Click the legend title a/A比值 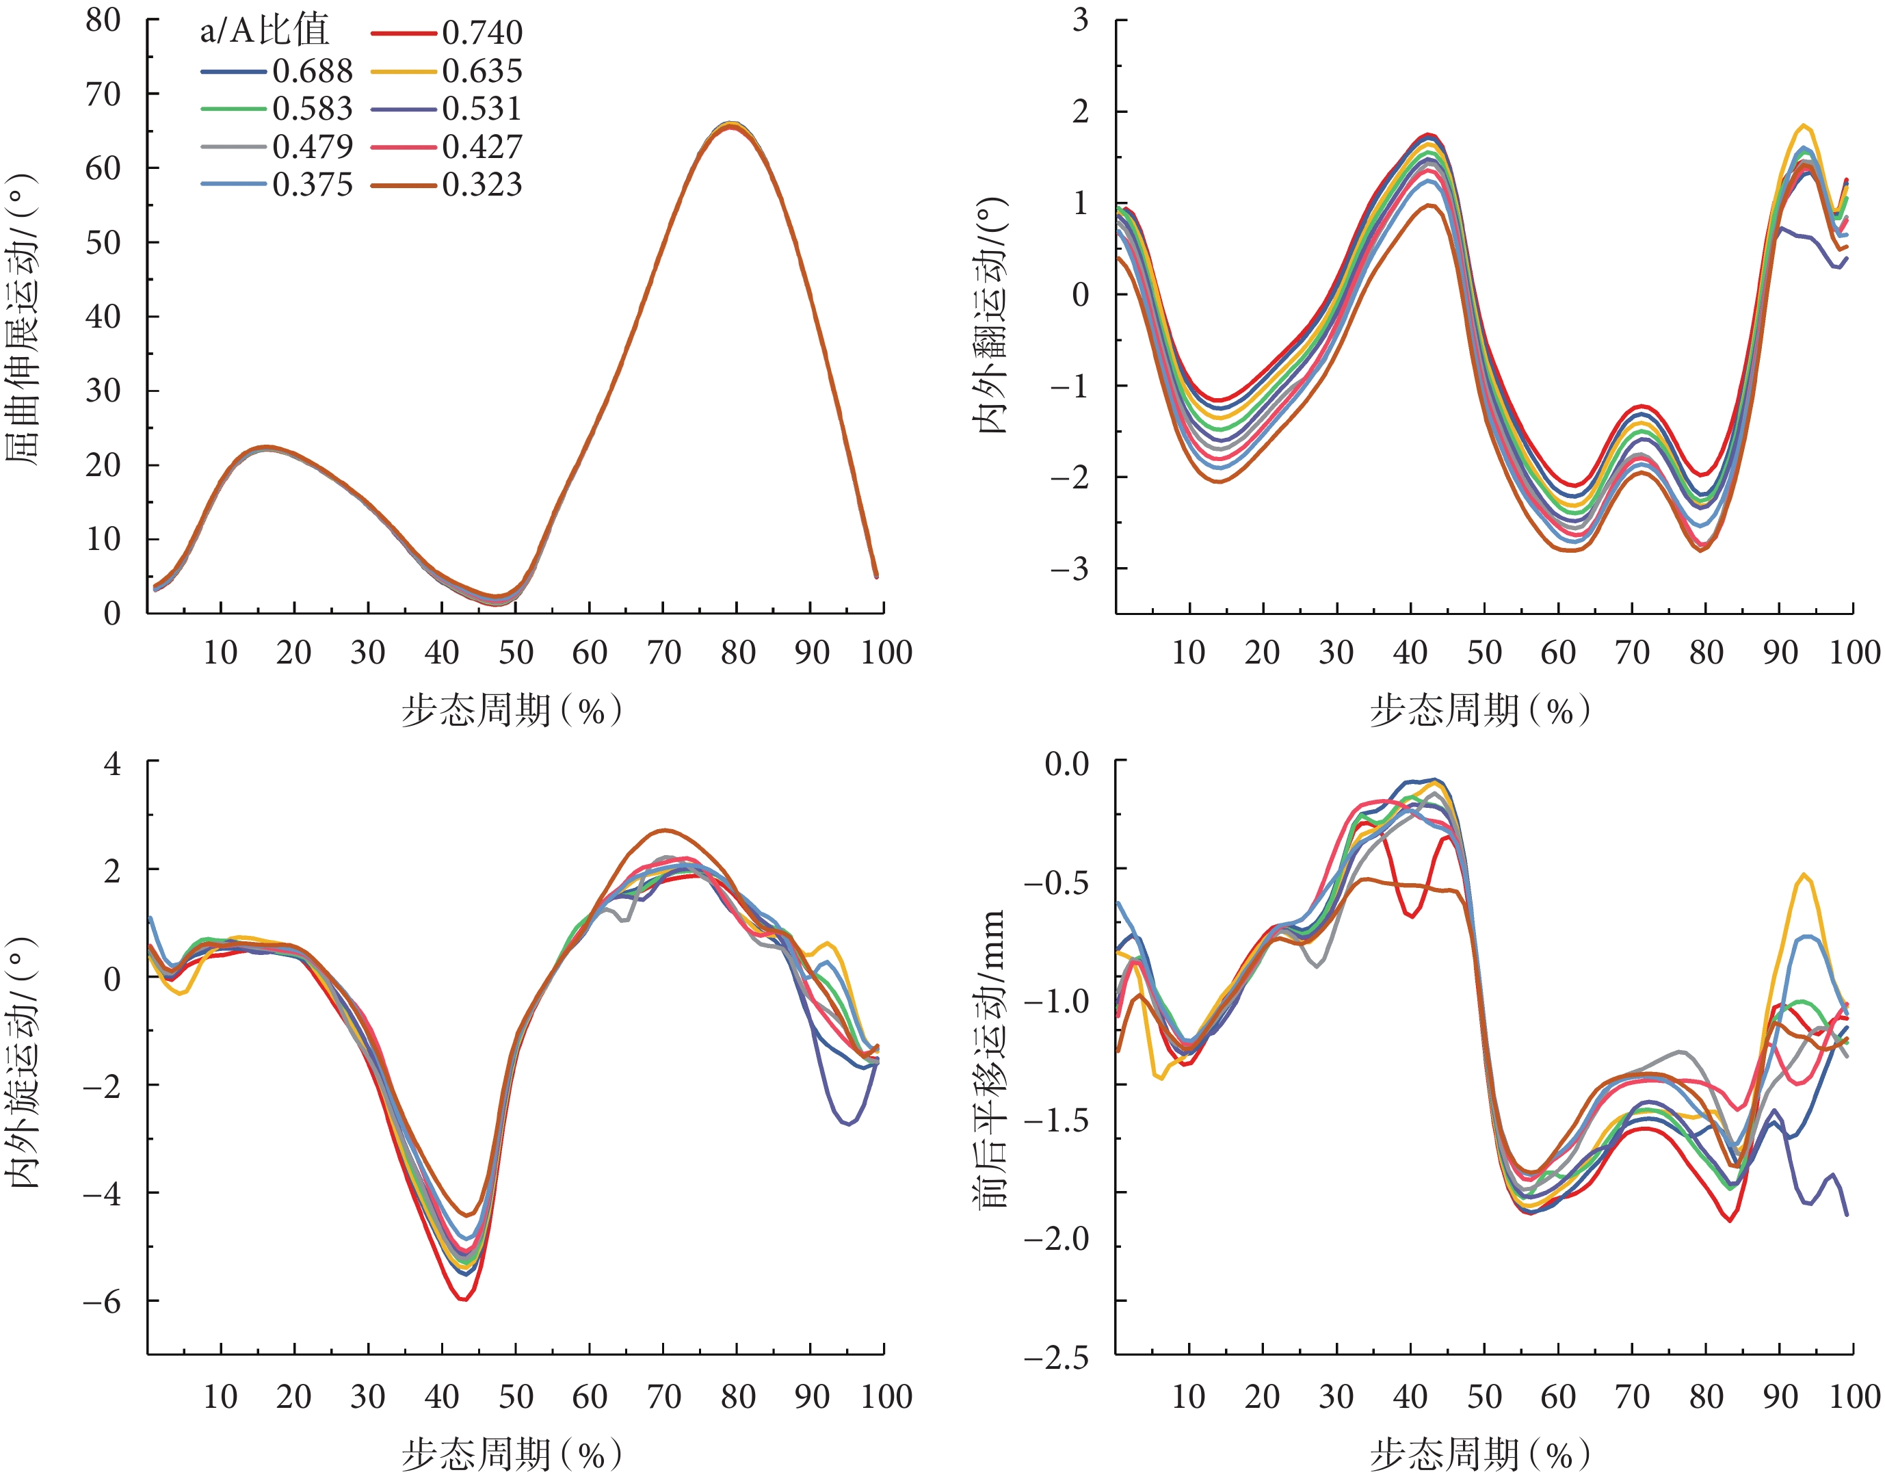pos(264,31)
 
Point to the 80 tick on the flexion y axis pos(103,19)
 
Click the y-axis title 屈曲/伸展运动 pos(23,320)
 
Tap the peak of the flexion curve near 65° pos(733,126)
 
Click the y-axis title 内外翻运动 pos(992,316)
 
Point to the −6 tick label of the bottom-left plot pos(101,1302)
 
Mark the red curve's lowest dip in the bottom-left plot pos(464,1299)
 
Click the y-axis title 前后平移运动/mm pos(992,1058)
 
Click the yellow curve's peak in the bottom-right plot pos(1804,876)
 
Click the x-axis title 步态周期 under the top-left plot pos(511,711)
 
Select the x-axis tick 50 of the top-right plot pos(1484,652)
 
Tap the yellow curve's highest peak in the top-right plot pos(1804,126)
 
